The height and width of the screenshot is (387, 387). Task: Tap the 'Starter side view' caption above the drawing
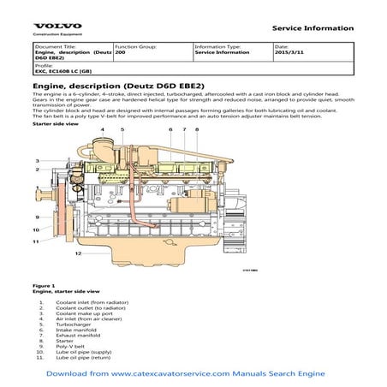coord(55,124)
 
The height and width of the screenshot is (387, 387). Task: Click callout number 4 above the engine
coord(102,130)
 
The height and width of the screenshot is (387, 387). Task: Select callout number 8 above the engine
coord(197,130)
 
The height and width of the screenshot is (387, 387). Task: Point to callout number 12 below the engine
coord(77,254)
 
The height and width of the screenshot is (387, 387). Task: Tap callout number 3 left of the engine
coord(37,160)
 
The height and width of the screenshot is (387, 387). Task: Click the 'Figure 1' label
coord(44,285)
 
